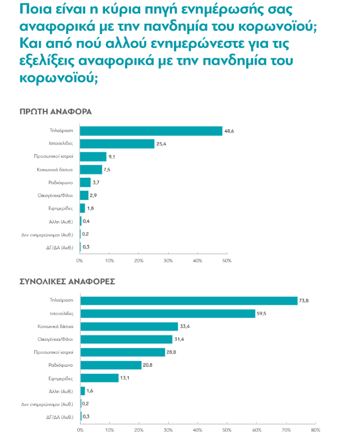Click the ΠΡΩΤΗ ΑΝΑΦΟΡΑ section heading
(56, 111)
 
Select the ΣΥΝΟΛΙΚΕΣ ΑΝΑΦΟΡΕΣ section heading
(67, 281)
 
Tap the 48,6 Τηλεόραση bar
(151, 131)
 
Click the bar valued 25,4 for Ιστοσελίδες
(117, 144)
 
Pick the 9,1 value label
(112, 157)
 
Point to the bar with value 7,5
(91, 170)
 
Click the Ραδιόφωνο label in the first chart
(61, 183)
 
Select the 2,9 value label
(94, 195)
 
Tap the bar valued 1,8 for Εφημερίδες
(82, 208)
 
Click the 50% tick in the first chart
(227, 261)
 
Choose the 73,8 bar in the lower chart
(189, 300)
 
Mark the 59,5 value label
(262, 313)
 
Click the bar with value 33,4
(129, 326)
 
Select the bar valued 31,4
(126, 339)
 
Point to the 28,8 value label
(172, 352)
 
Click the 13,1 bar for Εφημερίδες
(99, 378)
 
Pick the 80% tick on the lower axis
(315, 430)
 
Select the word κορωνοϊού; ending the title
(58, 78)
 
